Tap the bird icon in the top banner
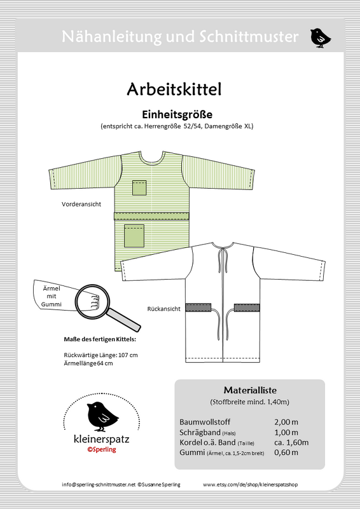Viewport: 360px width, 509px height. click(320, 37)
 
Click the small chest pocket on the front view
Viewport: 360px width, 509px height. click(140, 187)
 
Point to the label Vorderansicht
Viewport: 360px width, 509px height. click(81, 206)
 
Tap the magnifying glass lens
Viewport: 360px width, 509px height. click(92, 298)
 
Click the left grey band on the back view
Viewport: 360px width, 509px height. click(198, 308)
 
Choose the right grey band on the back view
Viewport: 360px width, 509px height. click(247, 308)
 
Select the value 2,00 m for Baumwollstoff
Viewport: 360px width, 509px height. click(286, 421)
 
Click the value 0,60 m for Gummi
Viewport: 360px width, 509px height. click(287, 452)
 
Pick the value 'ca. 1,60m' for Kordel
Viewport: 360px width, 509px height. click(291, 442)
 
